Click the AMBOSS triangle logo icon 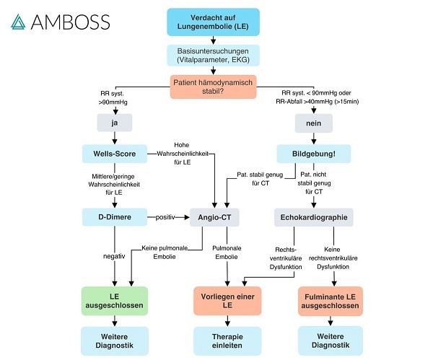[20, 21]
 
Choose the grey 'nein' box [312, 123]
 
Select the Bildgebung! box [312, 154]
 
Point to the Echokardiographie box [312, 216]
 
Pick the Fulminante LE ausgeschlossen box [330, 299]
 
